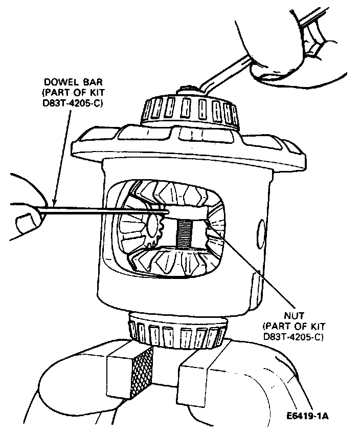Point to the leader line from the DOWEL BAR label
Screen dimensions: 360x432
pyautogui.click(x=60, y=154)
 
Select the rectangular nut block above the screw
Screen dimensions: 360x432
pyautogui.click(x=187, y=211)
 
